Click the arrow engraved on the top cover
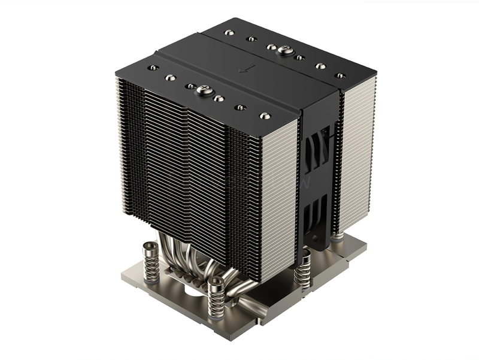(x=242, y=69)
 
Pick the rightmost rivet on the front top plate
(x=264, y=115)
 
